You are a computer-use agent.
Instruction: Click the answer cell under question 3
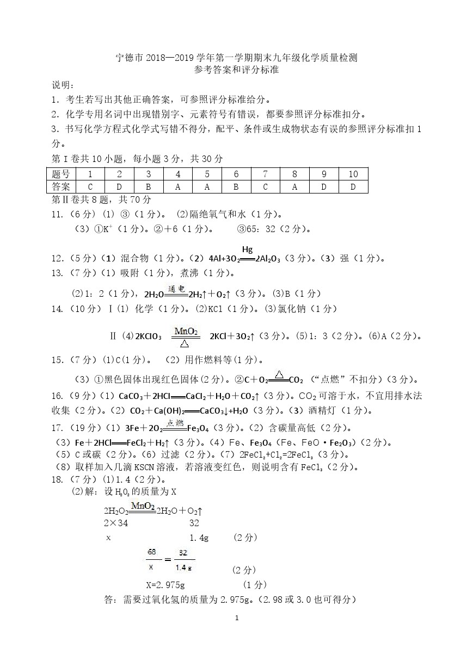pos(149,186)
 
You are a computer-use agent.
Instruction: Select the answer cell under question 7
pos(265,186)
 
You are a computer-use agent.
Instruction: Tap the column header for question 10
pos(353,174)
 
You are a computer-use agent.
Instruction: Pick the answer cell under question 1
pos(90,186)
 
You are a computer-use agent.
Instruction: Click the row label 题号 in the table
pos(61,174)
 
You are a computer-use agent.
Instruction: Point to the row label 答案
pos(61,186)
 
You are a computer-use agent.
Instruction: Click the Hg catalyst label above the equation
pos(248,249)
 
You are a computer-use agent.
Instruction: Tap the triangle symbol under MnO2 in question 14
pos(185,342)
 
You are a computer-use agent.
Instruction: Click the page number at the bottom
pos(236,618)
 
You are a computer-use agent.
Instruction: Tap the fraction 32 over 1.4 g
pos(183,560)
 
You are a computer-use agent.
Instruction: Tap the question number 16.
pos(58,396)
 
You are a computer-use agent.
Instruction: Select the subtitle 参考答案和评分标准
pos(236,70)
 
